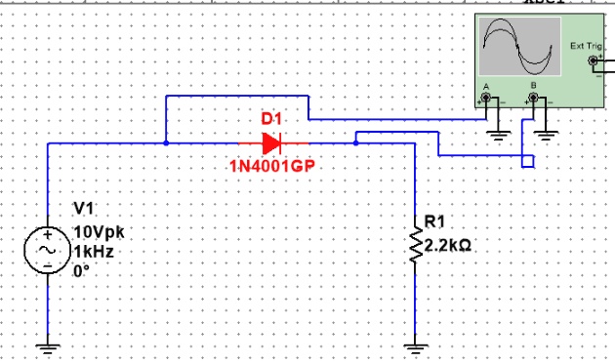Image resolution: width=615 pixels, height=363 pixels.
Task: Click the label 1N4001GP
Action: (273, 164)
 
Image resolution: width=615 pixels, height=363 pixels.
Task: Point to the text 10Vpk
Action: (100, 232)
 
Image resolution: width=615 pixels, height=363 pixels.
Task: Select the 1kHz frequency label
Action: (95, 251)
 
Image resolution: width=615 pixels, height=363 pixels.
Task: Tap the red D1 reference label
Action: (271, 119)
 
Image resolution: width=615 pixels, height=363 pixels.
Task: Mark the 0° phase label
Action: (82, 269)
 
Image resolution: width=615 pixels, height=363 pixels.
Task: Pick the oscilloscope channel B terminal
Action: (533, 101)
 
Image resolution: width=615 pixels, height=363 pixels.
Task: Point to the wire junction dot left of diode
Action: (167, 142)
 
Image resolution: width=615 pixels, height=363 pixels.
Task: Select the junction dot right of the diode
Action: (356, 142)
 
